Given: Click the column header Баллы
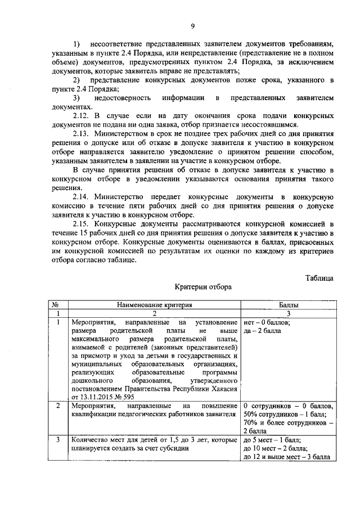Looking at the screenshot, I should pos(289,304).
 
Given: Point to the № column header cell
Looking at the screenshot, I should pos(56,304).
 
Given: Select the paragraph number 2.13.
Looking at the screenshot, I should pos(82,135).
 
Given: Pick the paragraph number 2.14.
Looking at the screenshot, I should pos(82,197).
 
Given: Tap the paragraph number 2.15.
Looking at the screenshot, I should pos(82,228).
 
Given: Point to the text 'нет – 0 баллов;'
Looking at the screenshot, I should pos(267,323).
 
